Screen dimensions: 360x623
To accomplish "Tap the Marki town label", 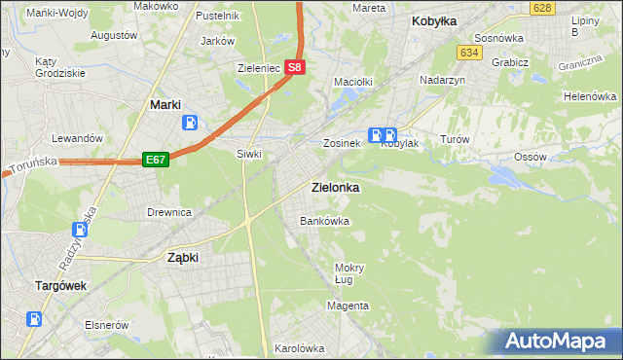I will point(167,104).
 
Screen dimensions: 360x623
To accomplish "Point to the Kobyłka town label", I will point(434,21).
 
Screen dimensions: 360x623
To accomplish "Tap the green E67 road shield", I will point(156,159).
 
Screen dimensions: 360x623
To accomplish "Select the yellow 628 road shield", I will point(543,8).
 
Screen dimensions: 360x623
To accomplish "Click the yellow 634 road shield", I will point(470,53).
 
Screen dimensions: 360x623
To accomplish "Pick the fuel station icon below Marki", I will point(191,124).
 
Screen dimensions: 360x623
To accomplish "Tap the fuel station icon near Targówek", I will point(35,318).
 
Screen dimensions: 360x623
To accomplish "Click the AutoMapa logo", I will point(556,341).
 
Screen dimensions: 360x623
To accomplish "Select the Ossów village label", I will point(530,157).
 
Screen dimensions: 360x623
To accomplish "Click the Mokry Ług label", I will point(348,273).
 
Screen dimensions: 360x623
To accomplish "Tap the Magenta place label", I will point(348,306).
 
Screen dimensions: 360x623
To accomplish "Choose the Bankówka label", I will point(324,221).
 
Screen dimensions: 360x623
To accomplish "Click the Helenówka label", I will point(591,97).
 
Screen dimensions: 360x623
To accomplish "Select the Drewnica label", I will point(168,212).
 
